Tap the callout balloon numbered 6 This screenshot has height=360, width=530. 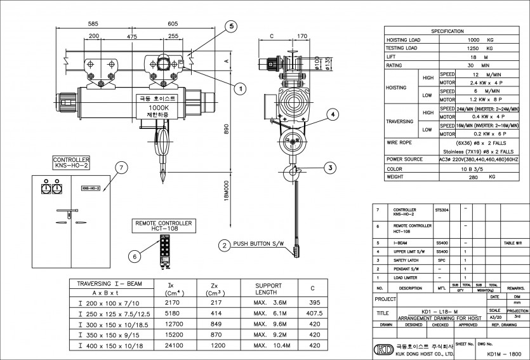point(134,256)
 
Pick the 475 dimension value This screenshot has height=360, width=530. point(131,37)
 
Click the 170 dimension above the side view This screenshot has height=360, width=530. point(301,37)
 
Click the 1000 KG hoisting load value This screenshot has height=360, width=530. point(476,39)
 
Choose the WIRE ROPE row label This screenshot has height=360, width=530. point(400,143)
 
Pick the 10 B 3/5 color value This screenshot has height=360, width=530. point(476,169)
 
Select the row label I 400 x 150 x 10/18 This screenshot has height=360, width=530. point(110,345)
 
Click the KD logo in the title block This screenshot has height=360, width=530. point(383,349)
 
